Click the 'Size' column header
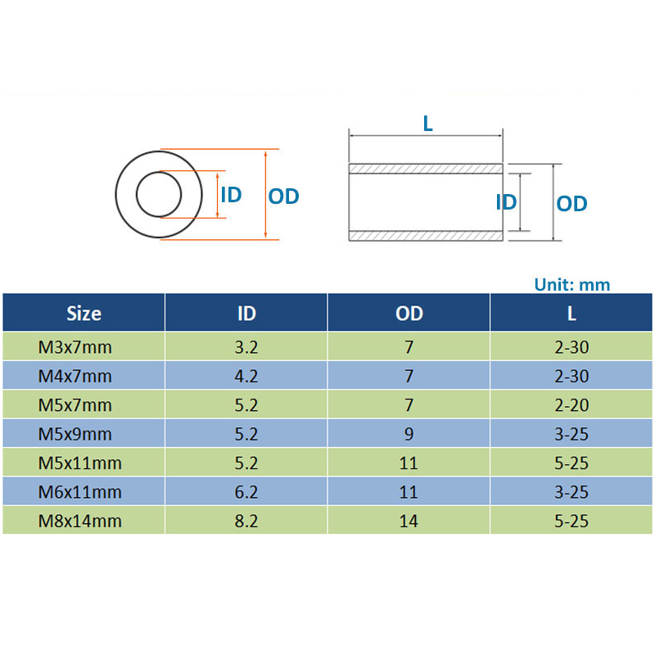84,314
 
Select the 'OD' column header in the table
409,314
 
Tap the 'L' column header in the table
571,314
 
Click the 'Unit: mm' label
571,284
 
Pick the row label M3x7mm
75,347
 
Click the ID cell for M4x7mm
246,376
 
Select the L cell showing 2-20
571,404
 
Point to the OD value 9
409,434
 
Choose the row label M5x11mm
79,463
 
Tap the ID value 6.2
246,492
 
